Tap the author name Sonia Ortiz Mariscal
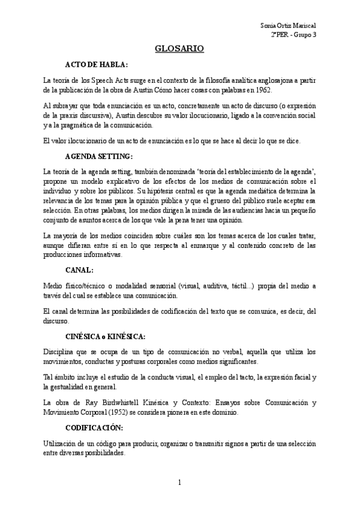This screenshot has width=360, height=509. [289, 25]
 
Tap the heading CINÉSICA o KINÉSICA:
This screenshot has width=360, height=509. [104, 336]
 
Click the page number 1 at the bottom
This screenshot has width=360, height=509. [179, 483]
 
